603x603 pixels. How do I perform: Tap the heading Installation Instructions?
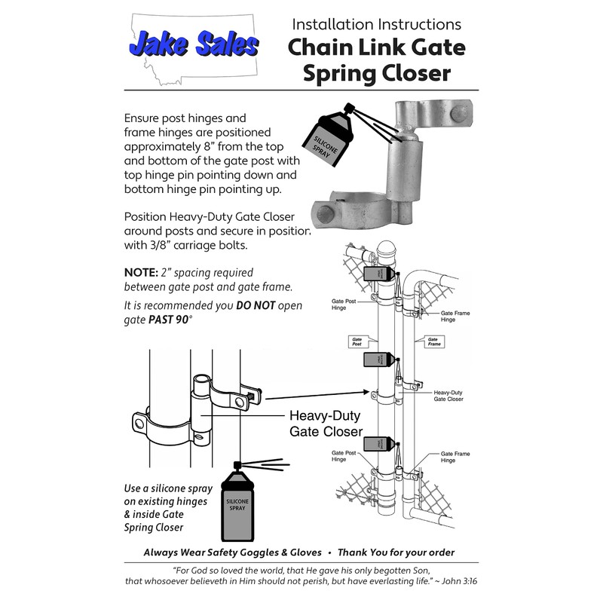(377, 23)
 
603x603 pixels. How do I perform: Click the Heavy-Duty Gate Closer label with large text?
(326, 423)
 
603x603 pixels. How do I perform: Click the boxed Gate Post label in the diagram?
(357, 341)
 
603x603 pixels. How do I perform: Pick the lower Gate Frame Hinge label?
(455, 457)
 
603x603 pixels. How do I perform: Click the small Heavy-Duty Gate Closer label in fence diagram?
(448, 396)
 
